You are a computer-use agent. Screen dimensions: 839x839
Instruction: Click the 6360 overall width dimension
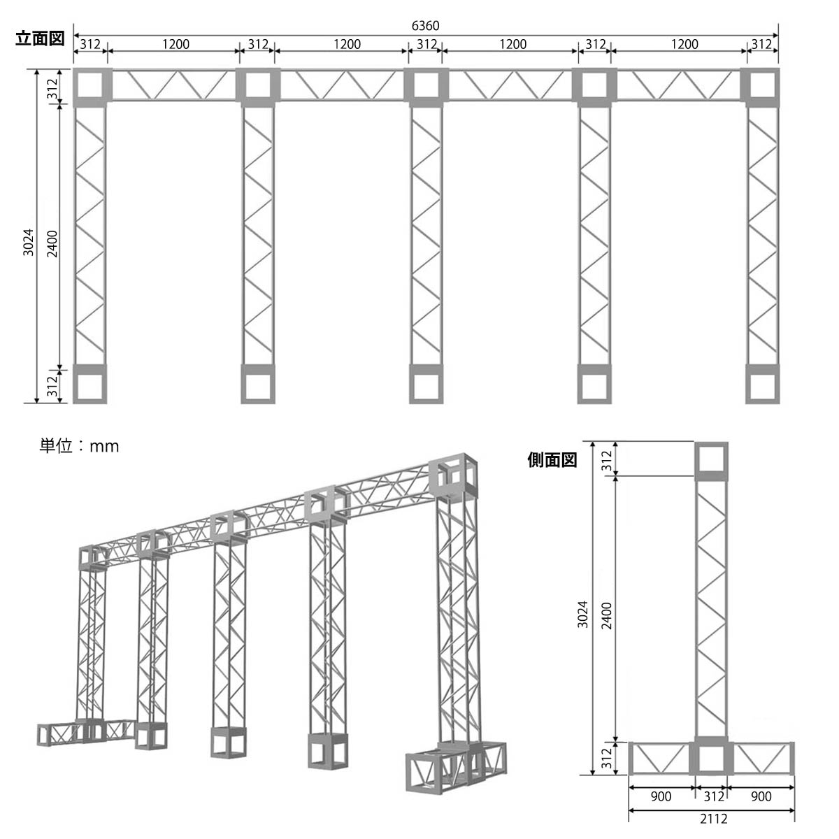tap(425, 26)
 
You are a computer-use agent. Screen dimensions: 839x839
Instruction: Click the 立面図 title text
tap(40, 38)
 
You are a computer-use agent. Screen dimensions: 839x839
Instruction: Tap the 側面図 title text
tap(552, 460)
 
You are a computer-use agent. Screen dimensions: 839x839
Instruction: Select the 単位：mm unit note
tap(79, 446)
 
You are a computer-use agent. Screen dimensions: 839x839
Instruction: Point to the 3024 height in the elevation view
tap(28, 242)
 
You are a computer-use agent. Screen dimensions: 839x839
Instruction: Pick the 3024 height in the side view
tap(582, 614)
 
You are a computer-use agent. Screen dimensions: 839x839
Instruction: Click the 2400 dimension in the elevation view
tap(52, 244)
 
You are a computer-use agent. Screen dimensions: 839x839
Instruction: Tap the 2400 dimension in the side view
tap(606, 616)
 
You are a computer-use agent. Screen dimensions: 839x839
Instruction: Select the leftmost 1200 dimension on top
tap(176, 44)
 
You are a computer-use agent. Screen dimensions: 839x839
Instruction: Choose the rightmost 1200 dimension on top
tap(684, 44)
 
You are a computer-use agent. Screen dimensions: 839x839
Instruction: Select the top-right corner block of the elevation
tap(762, 87)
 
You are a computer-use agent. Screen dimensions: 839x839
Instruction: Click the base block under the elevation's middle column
tap(426, 384)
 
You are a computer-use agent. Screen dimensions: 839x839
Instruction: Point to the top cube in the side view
tap(711, 461)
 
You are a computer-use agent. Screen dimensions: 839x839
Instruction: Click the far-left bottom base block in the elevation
tap(89, 384)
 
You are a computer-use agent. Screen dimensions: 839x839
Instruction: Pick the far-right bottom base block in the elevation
tap(762, 384)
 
